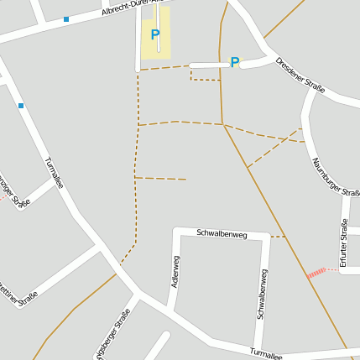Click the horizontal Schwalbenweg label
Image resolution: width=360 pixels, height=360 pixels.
tap(222, 232)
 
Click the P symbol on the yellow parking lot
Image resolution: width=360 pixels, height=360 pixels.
tap(154, 35)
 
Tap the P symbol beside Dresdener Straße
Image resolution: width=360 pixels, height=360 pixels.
tap(235, 61)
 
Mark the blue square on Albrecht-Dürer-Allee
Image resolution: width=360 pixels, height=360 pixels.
tap(66, 18)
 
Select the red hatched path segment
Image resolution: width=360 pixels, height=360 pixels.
tap(316, 273)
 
